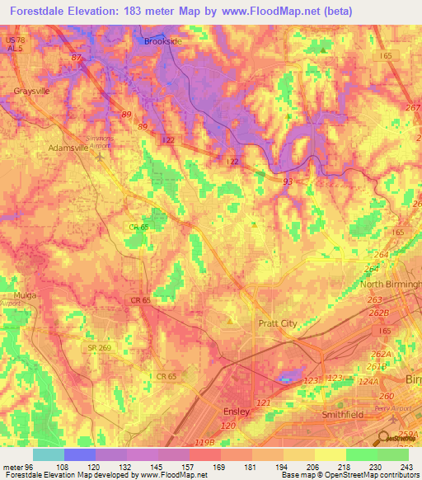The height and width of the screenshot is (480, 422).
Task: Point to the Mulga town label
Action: pyautogui.click(x=14, y=294)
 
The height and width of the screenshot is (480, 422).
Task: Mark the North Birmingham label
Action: pyautogui.click(x=390, y=285)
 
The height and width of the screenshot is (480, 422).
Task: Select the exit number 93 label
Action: pyautogui.click(x=287, y=181)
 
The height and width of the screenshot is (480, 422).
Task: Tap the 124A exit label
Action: pyautogui.click(x=367, y=381)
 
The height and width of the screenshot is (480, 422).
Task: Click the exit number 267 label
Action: pyautogui.click(x=412, y=107)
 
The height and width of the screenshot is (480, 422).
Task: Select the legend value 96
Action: pyautogui.click(x=33, y=467)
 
